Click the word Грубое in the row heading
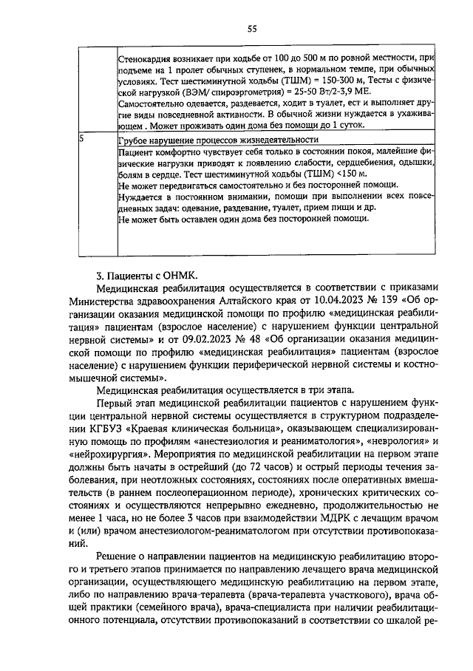tap(133, 139)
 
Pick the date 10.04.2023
tap(311, 300)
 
